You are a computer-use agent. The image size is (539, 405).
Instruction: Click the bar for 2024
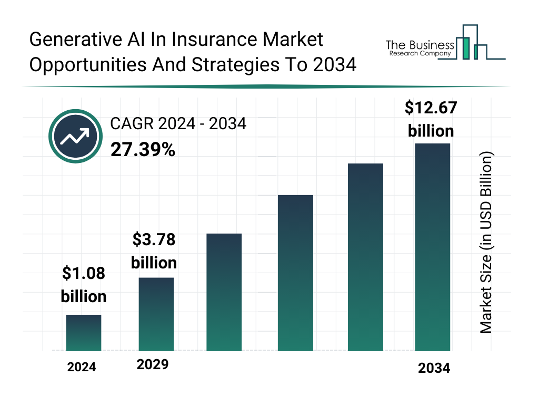pos(84,333)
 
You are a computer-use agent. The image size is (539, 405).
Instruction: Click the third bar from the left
pos(224,292)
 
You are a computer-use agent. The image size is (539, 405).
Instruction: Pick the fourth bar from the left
pos(295,273)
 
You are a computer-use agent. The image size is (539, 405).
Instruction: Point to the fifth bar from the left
pos(365,257)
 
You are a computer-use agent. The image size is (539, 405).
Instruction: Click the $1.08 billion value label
pos(84,285)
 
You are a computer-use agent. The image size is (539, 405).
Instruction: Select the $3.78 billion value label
pos(154,251)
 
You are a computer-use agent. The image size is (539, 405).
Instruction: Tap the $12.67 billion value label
pos(431,119)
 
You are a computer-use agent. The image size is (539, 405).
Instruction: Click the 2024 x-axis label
pos(82,367)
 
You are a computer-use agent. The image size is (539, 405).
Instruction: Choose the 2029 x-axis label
pos(153,364)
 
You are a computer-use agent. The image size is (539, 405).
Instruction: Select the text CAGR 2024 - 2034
pos(178,124)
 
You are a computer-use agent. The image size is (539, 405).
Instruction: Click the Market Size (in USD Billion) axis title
pos(485,243)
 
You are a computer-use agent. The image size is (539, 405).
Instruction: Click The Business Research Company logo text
pos(420,48)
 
